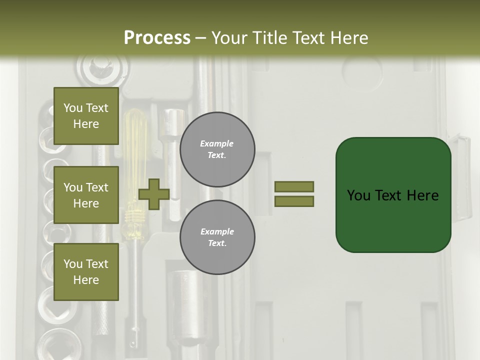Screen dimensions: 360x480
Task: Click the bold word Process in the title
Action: point(157,38)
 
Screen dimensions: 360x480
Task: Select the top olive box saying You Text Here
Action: point(86,116)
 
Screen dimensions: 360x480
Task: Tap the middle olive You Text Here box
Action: point(86,195)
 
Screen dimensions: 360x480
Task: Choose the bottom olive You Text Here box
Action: point(86,272)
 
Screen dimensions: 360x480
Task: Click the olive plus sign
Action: point(154,194)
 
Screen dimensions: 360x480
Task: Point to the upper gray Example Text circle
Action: point(217,149)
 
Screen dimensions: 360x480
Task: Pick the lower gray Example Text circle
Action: point(217,237)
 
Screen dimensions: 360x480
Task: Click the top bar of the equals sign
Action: point(294,186)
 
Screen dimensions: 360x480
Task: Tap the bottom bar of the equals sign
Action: point(294,201)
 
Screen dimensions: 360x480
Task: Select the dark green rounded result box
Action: point(393,195)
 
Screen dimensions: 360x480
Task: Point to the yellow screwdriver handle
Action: point(133,150)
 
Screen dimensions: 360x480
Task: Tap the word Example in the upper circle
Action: point(217,144)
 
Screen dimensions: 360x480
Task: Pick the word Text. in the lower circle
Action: point(217,243)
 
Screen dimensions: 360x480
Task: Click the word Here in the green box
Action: point(422,195)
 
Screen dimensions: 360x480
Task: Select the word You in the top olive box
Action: point(73,108)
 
